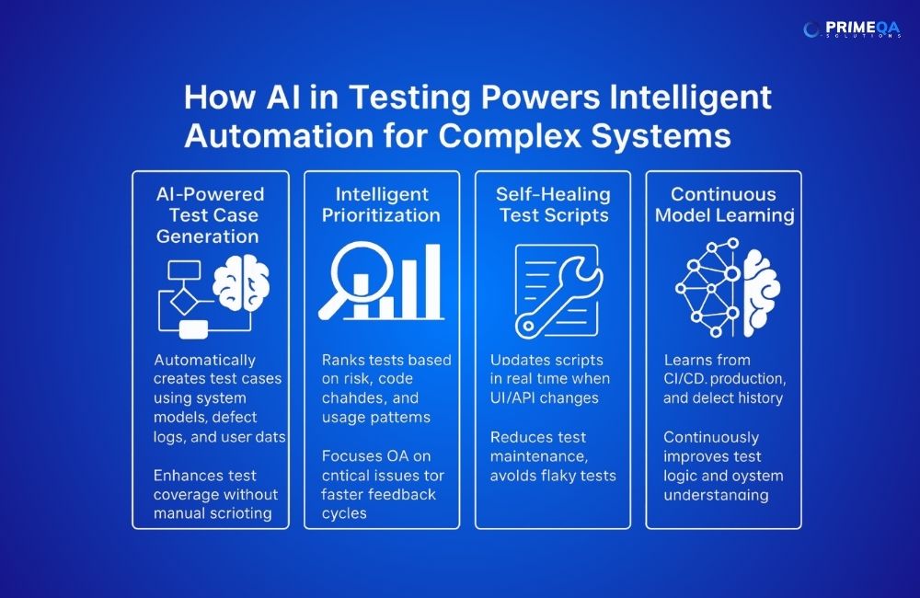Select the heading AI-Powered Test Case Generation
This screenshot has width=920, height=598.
(211, 214)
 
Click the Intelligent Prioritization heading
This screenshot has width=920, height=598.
(382, 204)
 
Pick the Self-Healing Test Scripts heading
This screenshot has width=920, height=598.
(553, 204)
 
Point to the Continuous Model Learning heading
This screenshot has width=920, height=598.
(723, 204)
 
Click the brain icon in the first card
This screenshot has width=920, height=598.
(242, 286)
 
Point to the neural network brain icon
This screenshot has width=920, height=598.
(722, 288)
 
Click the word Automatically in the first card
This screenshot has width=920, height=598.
(205, 360)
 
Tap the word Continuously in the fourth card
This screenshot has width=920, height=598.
(711, 437)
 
